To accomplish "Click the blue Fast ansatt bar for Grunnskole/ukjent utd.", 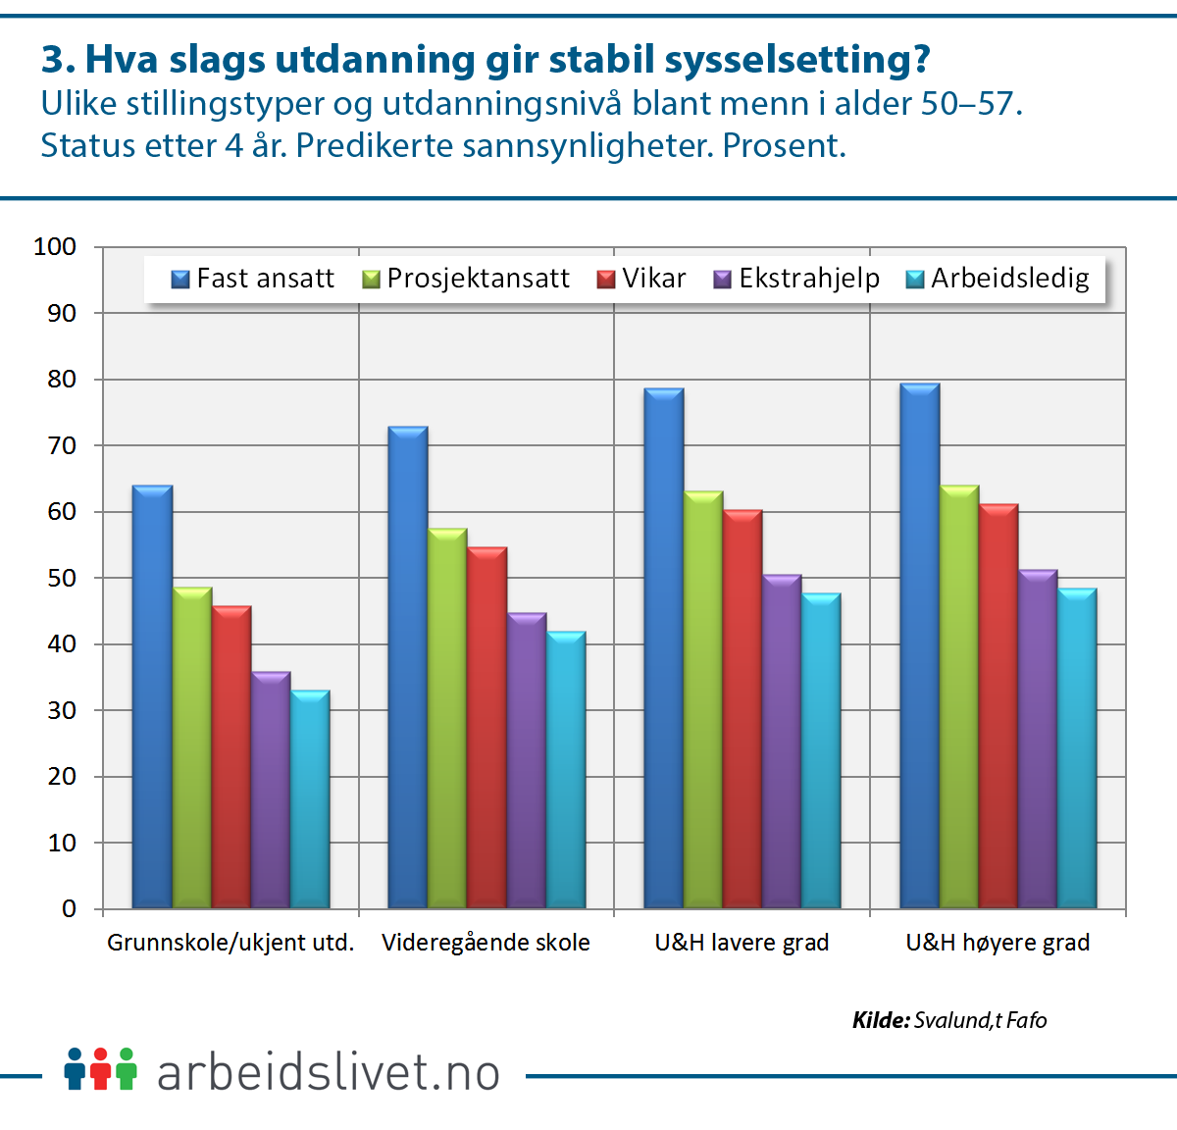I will click(x=152, y=696).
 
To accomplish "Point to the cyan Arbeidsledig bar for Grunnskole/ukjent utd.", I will click(x=310, y=798).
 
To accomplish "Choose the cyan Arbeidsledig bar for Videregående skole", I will click(x=566, y=769).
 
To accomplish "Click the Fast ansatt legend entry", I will click(x=253, y=279).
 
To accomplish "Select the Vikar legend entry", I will click(x=641, y=279).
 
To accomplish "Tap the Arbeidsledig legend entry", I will click(x=998, y=279).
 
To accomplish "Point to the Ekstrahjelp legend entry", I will click(x=796, y=279).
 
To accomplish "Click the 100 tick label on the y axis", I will click(x=55, y=247).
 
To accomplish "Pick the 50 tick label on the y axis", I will click(x=61, y=578).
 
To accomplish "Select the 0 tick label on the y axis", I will click(x=69, y=908).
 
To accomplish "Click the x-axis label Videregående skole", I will click(x=486, y=943).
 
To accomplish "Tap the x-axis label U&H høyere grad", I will click(x=998, y=943).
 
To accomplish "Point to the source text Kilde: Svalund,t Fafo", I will click(x=949, y=1020).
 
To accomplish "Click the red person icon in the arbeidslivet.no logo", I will click(x=100, y=1068).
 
